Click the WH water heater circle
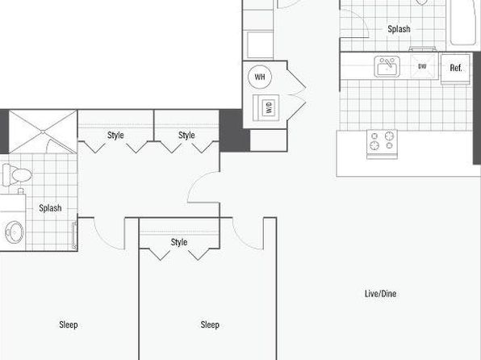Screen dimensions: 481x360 coord(260,77)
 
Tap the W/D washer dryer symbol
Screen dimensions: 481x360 coord(266,107)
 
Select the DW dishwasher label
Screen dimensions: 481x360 coord(422,66)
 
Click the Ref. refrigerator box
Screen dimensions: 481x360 coord(455,69)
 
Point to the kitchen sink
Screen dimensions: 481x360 coord(387,66)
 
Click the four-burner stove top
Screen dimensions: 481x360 coord(383,144)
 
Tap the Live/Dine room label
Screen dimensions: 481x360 coord(380,294)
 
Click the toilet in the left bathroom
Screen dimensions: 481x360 coord(17,175)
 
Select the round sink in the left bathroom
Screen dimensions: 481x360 coord(14,232)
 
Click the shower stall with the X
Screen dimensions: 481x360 coord(43,132)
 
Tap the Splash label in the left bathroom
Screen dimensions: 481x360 coord(50,208)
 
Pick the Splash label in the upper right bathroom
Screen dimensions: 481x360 coord(399,29)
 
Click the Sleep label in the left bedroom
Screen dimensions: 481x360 coord(69,324)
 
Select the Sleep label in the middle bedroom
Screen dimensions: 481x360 coord(210,324)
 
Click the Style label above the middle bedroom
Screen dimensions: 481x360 coord(179,242)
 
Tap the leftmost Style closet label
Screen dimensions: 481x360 coord(115,135)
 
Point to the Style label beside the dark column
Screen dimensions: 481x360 coord(186,135)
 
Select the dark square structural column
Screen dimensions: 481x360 coord(235,131)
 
